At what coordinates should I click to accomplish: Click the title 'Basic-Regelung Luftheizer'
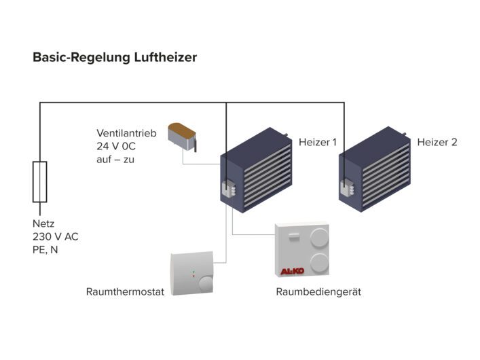tap(115, 58)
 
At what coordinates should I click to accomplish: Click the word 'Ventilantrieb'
tap(126, 133)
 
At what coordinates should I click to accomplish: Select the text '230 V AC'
tap(55, 236)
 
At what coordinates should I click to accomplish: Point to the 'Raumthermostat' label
tap(125, 292)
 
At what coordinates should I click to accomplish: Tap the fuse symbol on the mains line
tap(40, 182)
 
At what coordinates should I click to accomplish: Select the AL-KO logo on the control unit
tap(293, 272)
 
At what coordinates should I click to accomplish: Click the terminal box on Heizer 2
tap(346, 187)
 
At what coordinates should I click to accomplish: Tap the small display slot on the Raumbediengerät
tap(293, 236)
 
